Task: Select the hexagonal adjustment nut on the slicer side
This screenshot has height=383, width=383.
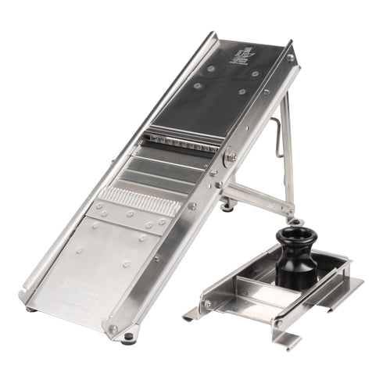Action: (x=231, y=157)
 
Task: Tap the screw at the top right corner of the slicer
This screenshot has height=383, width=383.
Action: (x=290, y=58)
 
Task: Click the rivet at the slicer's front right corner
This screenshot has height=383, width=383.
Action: (x=114, y=328)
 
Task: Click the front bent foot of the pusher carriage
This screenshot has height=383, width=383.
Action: (x=286, y=337)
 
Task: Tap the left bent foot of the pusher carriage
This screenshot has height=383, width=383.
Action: (x=191, y=314)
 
